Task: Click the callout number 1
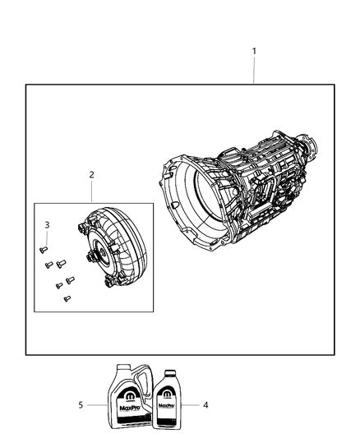coord(254,51)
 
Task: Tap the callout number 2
coord(91,174)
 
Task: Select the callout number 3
coord(47,224)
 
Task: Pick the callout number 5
coord(81,404)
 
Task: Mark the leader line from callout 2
coord(91,191)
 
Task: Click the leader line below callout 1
coord(254,71)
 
